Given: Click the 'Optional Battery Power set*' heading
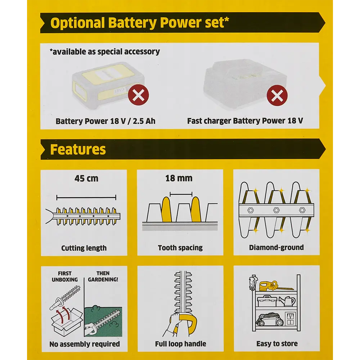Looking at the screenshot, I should pyautogui.click(x=140, y=23).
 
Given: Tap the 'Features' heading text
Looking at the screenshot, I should pyautogui.click(x=78, y=149).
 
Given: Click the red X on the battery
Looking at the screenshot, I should pyautogui.click(x=138, y=95).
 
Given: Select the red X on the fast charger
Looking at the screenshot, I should pyautogui.click(x=277, y=95).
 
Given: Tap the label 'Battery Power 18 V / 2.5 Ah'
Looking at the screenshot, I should pyautogui.click(x=105, y=121).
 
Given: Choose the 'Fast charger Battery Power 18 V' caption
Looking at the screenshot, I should pyautogui.click(x=245, y=121).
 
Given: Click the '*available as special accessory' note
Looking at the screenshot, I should pyautogui.click(x=105, y=51).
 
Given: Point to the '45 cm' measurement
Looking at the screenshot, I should pyautogui.click(x=86, y=178).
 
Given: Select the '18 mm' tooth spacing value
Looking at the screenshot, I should pyautogui.click(x=179, y=178).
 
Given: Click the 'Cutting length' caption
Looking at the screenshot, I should pyautogui.click(x=84, y=248).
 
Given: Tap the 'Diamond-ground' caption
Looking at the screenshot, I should pyautogui.click(x=276, y=248).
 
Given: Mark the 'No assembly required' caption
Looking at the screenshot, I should pyautogui.click(x=85, y=344).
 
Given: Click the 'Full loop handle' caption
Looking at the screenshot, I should pyautogui.click(x=180, y=344).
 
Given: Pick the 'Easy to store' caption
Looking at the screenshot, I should pyautogui.click(x=277, y=344).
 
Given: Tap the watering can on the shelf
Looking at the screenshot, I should pyautogui.click(x=288, y=301).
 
